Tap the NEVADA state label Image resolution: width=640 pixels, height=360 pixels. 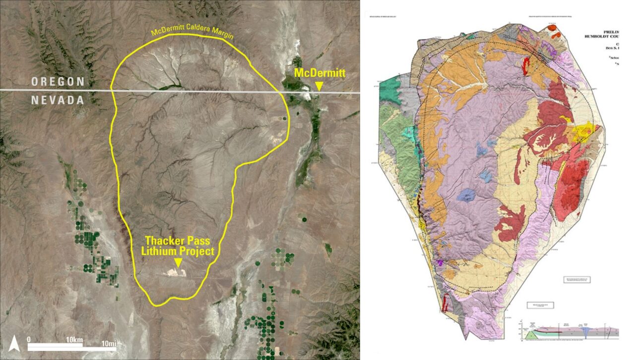(x=58, y=100)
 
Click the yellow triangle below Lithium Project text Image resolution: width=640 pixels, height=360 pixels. (x=178, y=261)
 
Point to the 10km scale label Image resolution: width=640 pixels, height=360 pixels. (x=74, y=340)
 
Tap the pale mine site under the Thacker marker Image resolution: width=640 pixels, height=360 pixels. (x=177, y=272)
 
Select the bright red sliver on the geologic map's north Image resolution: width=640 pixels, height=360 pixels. (x=526, y=64)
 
